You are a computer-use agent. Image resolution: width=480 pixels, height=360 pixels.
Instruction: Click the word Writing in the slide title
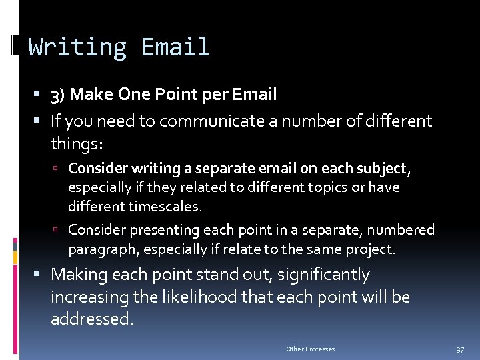pos(77,47)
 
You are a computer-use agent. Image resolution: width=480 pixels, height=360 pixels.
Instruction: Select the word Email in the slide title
pos(176,47)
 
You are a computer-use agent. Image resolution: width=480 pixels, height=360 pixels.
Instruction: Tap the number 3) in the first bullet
pos(57,95)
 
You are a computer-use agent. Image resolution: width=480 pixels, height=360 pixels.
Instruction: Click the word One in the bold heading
pos(133,95)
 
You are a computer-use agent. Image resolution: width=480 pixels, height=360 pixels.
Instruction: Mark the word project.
pos(371,249)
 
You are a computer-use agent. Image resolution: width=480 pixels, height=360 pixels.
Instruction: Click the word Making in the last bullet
pos(77,275)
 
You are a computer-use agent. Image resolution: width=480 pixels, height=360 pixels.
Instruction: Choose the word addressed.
pos(92,319)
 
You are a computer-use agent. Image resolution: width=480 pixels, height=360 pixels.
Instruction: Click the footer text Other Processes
pos(311,349)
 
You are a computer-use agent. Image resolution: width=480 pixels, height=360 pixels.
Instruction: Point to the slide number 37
pos(460,349)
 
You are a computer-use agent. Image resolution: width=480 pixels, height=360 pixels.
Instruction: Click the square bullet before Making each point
pos(42,275)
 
